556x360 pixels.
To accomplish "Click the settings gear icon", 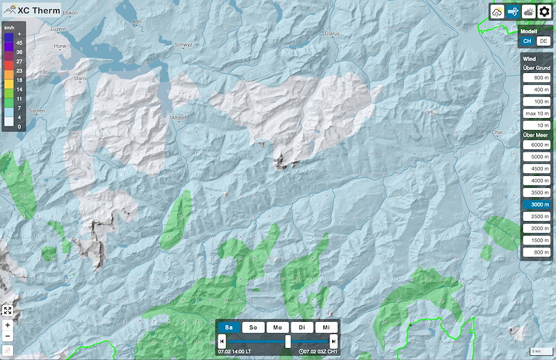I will pyautogui.click(x=544, y=12).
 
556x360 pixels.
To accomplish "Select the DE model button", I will pyautogui.click(x=543, y=41).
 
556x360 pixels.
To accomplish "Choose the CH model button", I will pyautogui.click(x=528, y=41).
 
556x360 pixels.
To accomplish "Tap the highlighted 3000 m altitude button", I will pyautogui.click(x=537, y=204).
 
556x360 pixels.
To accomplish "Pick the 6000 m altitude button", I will pyautogui.click(x=537, y=144).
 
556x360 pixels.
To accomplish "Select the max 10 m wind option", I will pyautogui.click(x=537, y=113).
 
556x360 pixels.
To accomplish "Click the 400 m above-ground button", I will pyautogui.click(x=537, y=90).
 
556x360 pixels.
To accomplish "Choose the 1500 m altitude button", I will pyautogui.click(x=537, y=240).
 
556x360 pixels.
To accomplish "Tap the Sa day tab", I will pyautogui.click(x=229, y=327).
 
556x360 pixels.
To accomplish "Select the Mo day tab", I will pyautogui.click(x=277, y=327).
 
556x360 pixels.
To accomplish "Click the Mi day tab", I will pyautogui.click(x=325, y=327).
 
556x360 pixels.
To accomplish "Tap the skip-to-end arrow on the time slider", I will pyautogui.click(x=334, y=341).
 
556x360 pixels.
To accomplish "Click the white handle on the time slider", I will pyautogui.click(x=288, y=341).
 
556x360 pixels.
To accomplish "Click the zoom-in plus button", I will pyautogui.click(x=8, y=325).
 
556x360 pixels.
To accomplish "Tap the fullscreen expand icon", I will pyautogui.click(x=8, y=311).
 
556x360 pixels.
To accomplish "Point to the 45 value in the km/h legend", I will pyautogui.click(x=19, y=42).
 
